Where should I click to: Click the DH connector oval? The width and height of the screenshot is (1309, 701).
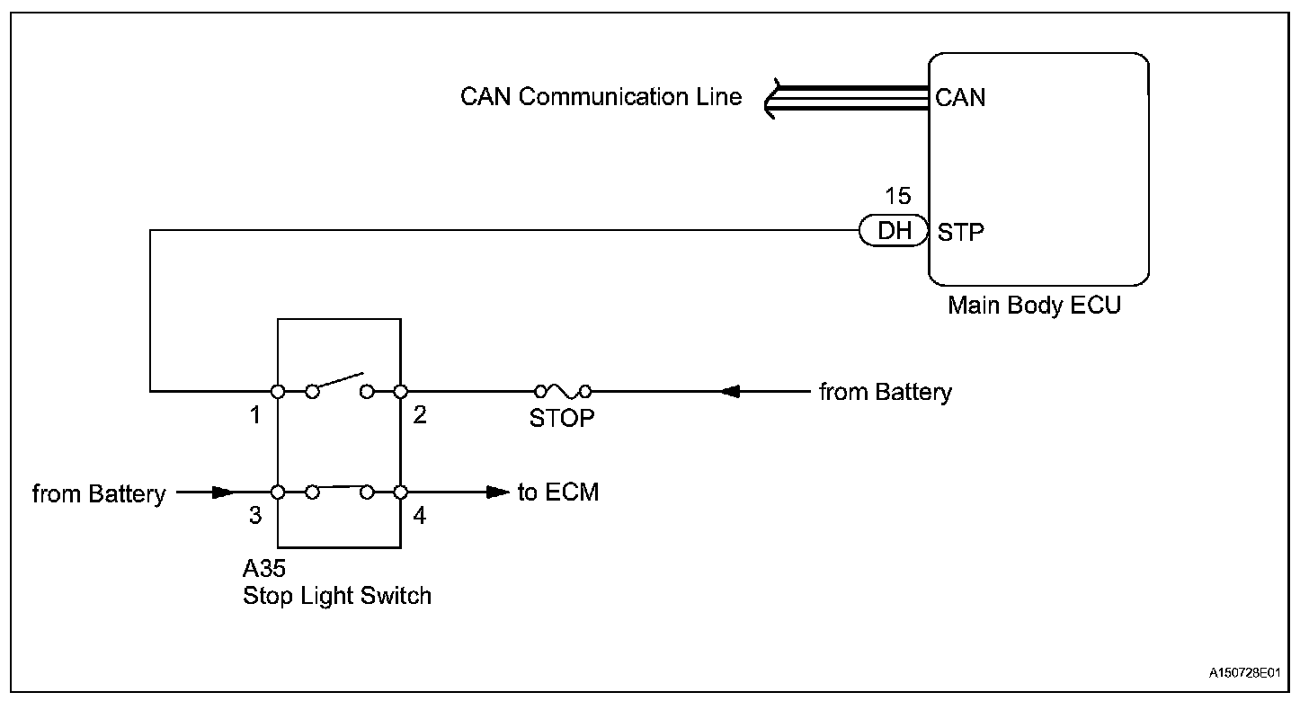894,231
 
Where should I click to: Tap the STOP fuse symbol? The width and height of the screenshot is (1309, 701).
563,391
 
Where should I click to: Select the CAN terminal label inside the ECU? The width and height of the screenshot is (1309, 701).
960,98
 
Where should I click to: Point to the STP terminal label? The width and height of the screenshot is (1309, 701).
961,233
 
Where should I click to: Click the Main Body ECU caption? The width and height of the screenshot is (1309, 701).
1034,305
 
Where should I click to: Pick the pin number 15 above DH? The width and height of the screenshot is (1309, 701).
897,196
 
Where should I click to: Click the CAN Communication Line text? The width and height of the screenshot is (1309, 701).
601,97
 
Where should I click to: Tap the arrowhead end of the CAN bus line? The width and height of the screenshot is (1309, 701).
766,99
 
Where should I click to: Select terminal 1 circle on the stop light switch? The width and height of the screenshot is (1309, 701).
278,392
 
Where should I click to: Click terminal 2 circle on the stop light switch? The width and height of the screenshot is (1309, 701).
400,392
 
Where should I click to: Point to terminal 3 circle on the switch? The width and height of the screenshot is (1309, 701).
278,492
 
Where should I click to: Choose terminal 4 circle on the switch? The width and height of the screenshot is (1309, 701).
400,492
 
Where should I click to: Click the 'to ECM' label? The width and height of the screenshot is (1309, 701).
558,492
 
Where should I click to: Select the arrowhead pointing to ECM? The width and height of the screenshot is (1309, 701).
498,492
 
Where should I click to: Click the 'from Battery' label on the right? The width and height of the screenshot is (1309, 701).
886,392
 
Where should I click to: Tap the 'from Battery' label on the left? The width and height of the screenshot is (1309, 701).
99,493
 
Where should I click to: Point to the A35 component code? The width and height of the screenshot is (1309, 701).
264,568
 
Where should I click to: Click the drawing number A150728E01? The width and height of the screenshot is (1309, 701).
1244,672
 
